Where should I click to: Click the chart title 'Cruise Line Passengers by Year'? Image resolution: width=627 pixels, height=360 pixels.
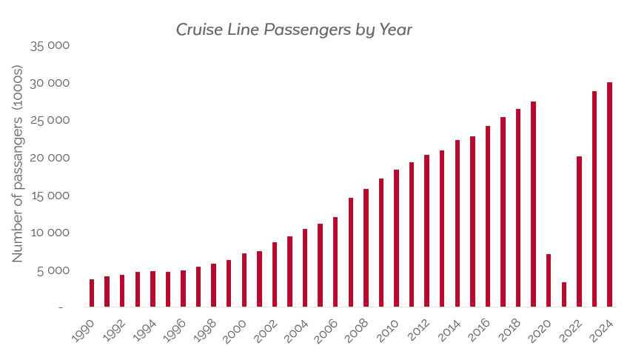point(294,30)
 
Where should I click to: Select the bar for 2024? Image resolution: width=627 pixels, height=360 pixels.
point(609,194)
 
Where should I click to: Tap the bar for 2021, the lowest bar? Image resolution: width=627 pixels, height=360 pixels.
point(564,294)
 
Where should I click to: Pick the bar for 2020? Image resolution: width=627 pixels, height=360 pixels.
point(549,280)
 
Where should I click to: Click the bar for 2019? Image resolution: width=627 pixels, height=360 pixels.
point(533,204)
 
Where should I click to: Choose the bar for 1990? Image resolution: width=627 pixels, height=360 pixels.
point(92,293)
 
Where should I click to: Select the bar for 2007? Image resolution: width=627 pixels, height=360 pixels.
point(351,252)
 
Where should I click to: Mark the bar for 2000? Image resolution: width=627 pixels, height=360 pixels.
point(244,279)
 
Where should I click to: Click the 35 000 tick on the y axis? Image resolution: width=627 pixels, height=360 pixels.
point(50,46)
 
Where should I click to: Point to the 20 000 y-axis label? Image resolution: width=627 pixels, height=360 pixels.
point(50,158)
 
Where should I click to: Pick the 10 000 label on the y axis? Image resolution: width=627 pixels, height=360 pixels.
point(50,233)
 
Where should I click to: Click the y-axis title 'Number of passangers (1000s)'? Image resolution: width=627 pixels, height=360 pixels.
point(18,163)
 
